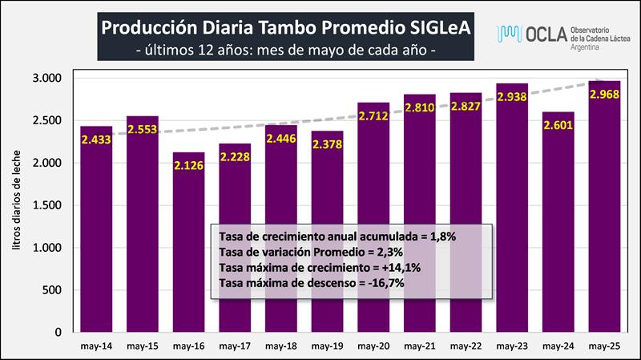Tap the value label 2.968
point(603,95)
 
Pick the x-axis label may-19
point(327,346)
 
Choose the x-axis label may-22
point(465,346)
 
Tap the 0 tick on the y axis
point(58,332)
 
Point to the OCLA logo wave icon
point(510,33)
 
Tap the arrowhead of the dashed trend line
point(594,83)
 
